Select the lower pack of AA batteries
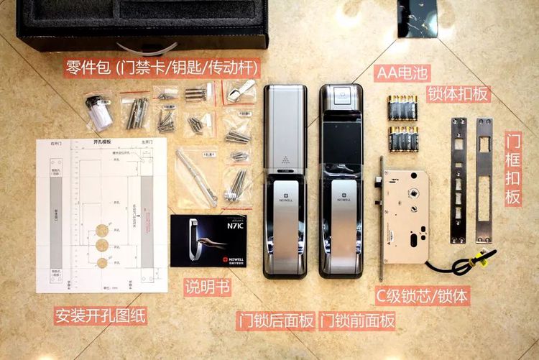point(404,139)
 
